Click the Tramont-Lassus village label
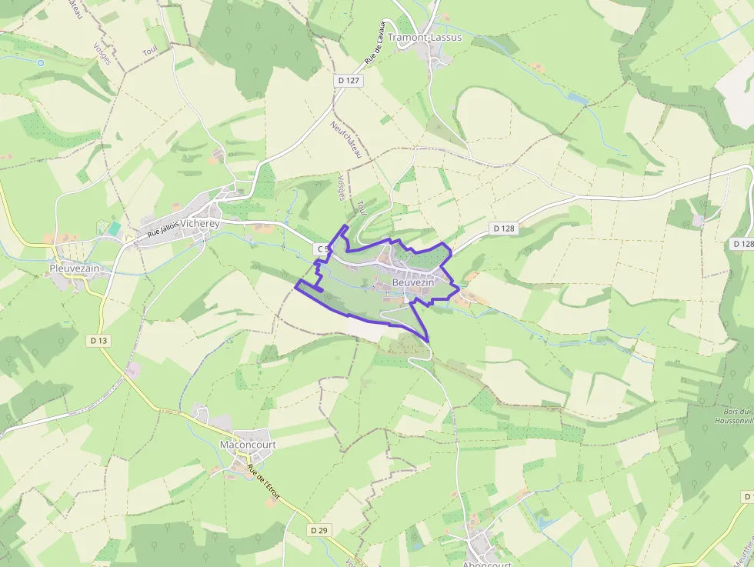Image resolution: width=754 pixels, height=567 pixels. pyautogui.click(x=425, y=37)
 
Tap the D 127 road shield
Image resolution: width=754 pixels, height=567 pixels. pyautogui.click(x=349, y=80)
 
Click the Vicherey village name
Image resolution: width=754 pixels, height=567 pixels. pyautogui.click(x=199, y=224)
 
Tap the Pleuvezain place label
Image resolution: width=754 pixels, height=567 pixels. pyautogui.click(x=75, y=268)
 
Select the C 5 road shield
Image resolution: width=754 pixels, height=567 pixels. pyautogui.click(x=322, y=249)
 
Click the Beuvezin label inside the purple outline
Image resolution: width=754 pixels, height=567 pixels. pyautogui.click(x=413, y=283)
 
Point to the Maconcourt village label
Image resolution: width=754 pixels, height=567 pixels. pyautogui.click(x=248, y=445)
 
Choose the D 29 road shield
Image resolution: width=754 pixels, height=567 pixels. pyautogui.click(x=319, y=530)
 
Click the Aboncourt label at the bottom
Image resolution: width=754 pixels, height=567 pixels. pyautogui.click(x=487, y=563)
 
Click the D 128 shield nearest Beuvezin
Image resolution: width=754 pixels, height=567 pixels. pyautogui.click(x=502, y=228)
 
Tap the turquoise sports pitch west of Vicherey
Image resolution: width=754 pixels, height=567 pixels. pyautogui.click(x=115, y=228)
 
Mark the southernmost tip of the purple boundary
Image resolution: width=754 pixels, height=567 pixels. pyautogui.click(x=427, y=341)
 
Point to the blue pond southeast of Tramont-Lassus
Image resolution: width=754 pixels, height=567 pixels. pyautogui.click(x=577, y=99)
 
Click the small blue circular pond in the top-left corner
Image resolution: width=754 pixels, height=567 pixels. pyautogui.click(x=41, y=63)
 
